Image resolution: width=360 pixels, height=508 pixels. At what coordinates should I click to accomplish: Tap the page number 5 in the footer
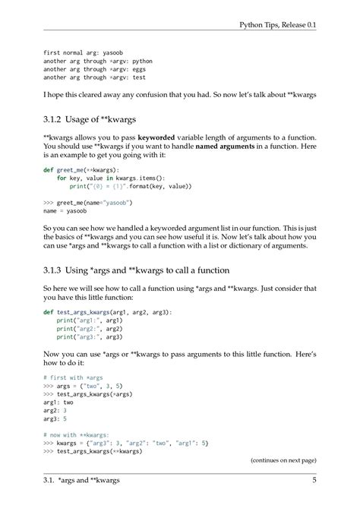point(314,480)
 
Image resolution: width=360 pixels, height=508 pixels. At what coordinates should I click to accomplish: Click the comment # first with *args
point(73,377)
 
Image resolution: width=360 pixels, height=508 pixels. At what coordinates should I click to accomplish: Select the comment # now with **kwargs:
point(77,434)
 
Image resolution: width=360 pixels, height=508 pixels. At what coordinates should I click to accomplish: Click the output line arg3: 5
point(56,418)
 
